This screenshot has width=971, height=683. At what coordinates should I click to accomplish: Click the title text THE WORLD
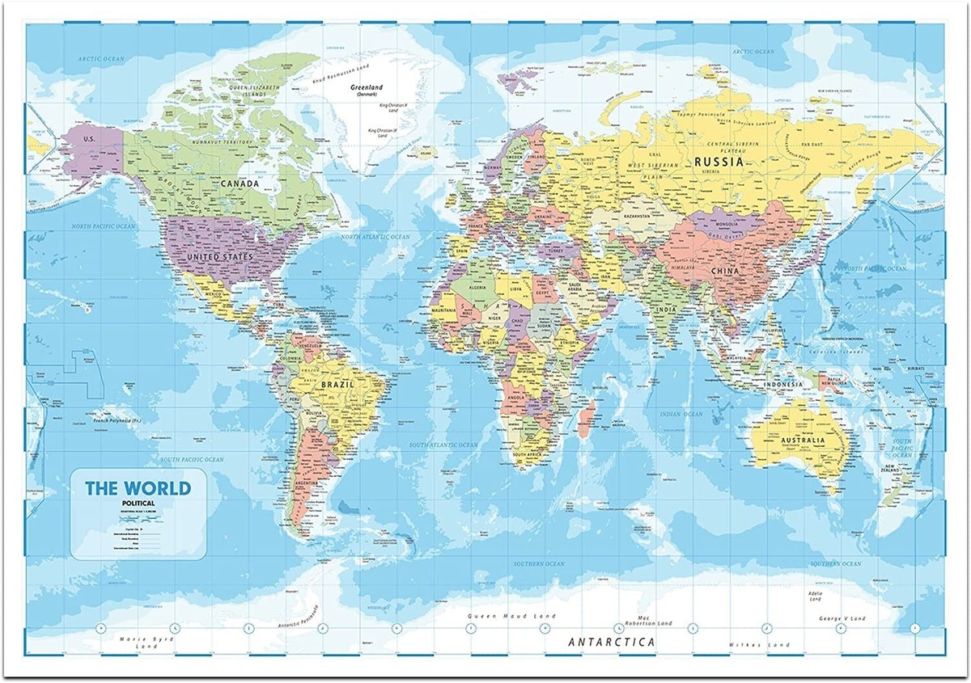tap(138, 488)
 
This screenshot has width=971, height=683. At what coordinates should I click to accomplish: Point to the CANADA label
tap(240, 183)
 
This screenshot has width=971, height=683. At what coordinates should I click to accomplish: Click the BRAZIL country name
tap(337, 385)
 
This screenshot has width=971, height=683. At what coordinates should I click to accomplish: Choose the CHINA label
tap(725, 271)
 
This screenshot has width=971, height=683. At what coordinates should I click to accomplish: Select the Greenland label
tap(366, 88)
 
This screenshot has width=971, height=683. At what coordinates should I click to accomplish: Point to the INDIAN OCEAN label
tap(681, 414)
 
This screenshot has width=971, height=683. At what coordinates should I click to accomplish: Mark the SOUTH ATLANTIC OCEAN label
tap(443, 445)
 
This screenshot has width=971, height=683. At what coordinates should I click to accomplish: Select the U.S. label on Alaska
tap(90, 139)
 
